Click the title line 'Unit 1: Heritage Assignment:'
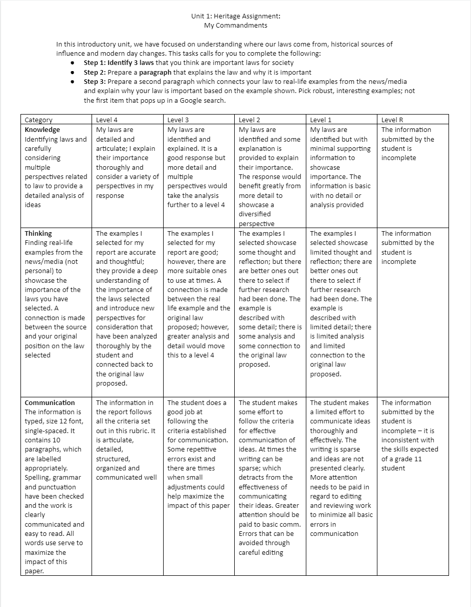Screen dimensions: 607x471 [x=235, y=16]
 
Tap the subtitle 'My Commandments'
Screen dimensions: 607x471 [x=235, y=25]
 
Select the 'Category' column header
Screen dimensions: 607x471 [x=38, y=120]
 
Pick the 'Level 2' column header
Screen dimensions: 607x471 [x=250, y=120]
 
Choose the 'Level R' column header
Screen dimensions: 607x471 [x=392, y=120]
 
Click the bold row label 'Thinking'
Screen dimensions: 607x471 [x=38, y=234]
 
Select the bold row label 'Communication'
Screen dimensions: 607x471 [x=50, y=402]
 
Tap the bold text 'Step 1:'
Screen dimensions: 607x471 [x=95, y=63]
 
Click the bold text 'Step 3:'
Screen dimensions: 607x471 [x=95, y=82]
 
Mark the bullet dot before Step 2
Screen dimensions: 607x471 [x=73, y=73]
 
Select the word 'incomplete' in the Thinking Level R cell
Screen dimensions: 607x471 [x=398, y=262]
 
